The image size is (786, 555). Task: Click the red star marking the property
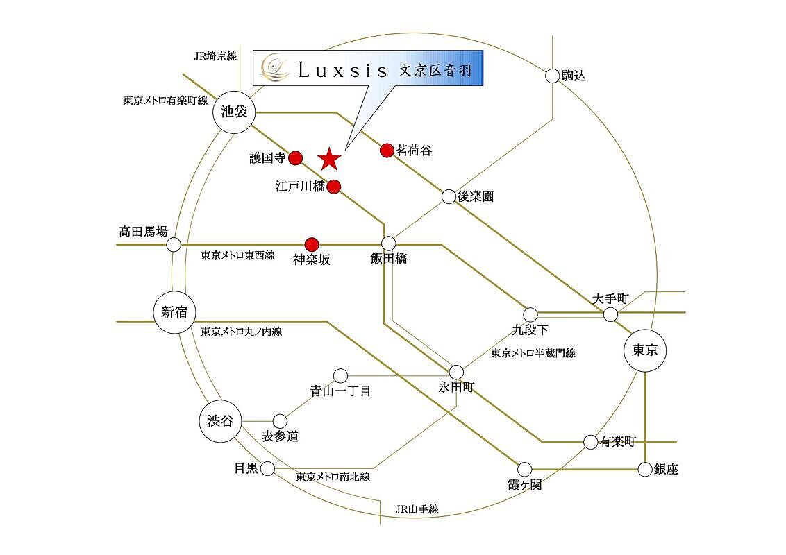pos(329,159)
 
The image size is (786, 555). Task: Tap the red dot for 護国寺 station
pos(296,157)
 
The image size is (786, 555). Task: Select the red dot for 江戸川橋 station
pos(335,187)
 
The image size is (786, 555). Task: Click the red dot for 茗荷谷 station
pos(387,150)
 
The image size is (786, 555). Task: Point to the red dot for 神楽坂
pos(312,244)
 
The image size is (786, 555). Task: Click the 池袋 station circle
pos(234,112)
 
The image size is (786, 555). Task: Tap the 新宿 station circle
pos(174,312)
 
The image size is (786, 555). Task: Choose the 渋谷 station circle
pos(220,420)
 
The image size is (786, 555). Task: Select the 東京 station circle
pos(644,350)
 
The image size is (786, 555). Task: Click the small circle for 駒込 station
pos(552,76)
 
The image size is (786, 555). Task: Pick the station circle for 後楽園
pos(449,196)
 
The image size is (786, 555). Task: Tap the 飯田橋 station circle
pos(389,244)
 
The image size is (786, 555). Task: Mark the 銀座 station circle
pos(645,470)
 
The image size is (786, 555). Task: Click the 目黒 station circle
pos(268,469)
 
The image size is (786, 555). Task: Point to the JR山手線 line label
pos(417,509)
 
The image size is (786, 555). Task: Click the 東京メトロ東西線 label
pos(238,255)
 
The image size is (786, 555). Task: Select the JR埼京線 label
pos(215,56)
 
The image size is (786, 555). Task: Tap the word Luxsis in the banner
pos(343,71)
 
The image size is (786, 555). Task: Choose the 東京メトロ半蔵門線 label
pos(533,353)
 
